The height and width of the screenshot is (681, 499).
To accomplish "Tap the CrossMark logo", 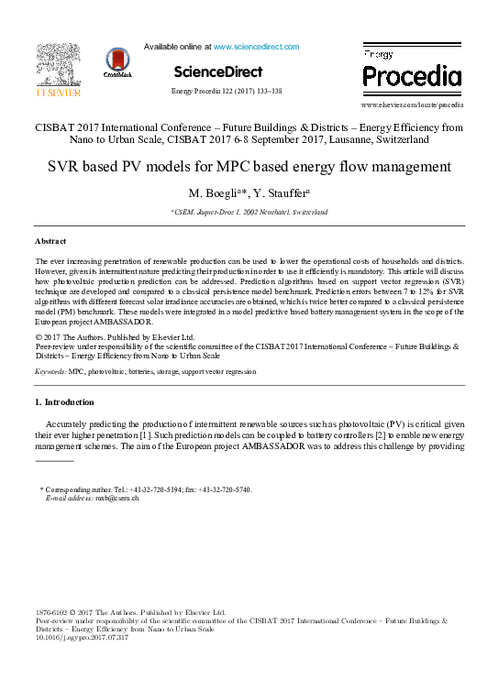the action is [117, 63].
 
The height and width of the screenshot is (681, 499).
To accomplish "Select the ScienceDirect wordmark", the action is [218, 71].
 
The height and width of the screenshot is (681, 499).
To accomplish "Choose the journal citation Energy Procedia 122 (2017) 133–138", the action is [227, 92].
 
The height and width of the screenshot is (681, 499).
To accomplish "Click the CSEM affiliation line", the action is [249, 212].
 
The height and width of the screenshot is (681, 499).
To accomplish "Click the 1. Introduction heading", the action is [64, 402].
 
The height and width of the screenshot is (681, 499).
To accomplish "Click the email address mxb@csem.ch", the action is [118, 499].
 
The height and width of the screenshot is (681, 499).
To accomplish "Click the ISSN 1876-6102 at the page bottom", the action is [52, 611].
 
